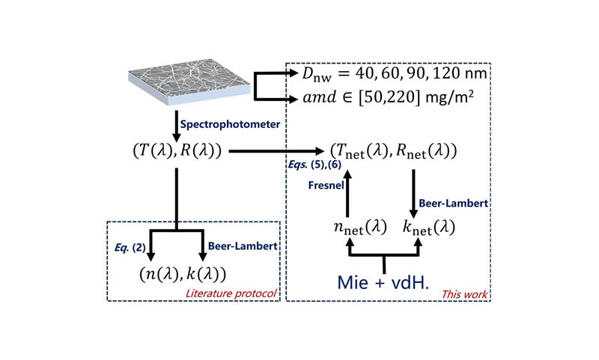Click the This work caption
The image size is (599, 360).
tap(466, 294)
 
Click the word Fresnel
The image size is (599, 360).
tap(324, 186)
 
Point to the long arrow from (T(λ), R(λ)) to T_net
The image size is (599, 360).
tap(277, 151)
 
